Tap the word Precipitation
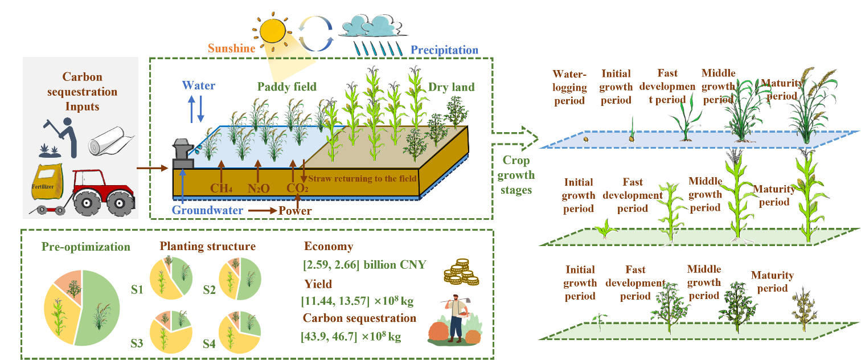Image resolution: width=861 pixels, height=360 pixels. click(x=445, y=50)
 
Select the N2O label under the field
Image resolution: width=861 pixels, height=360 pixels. click(x=258, y=188)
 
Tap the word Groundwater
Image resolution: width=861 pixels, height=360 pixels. click(x=208, y=211)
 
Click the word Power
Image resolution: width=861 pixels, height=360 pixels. click(x=295, y=211)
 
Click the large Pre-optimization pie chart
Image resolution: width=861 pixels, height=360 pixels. click(x=82, y=308)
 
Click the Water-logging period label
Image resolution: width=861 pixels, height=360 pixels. click(x=569, y=87)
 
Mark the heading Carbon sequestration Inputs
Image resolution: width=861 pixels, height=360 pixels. click(x=82, y=91)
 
